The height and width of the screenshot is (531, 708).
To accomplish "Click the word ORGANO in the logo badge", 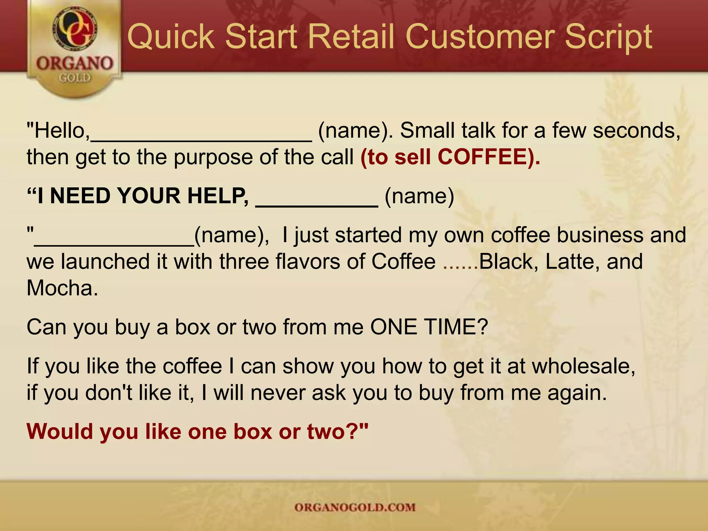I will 75,64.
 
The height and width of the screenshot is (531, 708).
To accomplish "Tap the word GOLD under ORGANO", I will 75,78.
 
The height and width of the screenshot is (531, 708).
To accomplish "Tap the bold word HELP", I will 218,196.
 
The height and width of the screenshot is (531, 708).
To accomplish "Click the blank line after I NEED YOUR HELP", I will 317,204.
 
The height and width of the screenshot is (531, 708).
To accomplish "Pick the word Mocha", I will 62,288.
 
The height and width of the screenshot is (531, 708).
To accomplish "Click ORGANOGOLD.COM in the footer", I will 355,507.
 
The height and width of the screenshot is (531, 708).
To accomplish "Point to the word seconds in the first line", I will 636,131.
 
